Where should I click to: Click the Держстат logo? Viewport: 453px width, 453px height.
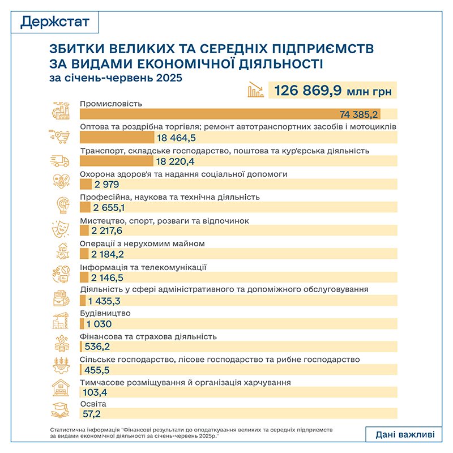[x=53, y=22]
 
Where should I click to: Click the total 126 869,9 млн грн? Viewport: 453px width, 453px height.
[x=333, y=90]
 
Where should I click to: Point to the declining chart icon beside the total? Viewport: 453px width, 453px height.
[x=255, y=90]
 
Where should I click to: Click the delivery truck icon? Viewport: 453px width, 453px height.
[x=60, y=161]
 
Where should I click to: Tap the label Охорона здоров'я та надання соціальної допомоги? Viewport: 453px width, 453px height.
[x=184, y=174]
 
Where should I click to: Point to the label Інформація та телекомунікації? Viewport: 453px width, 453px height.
[x=143, y=267]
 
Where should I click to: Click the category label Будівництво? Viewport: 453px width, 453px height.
[x=106, y=313]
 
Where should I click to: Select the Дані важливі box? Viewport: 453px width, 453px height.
[x=405, y=434]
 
